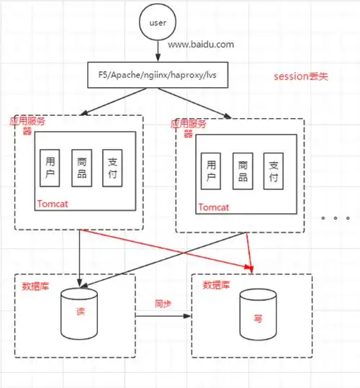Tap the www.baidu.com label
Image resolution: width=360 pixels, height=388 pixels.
201,45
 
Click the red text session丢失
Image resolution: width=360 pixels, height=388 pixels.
300,76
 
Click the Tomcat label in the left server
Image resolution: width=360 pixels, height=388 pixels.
52,204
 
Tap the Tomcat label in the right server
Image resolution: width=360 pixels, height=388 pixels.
213,207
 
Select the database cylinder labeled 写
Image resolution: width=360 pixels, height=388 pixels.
256,317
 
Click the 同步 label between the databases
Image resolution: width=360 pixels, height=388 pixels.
163,304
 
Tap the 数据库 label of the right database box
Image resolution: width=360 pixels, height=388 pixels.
217,285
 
